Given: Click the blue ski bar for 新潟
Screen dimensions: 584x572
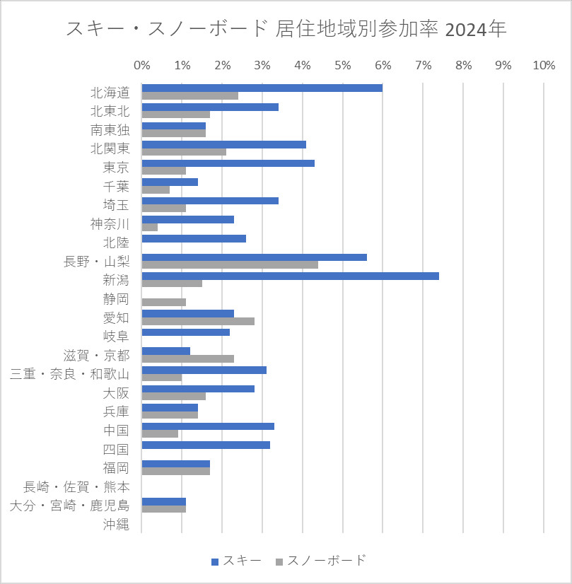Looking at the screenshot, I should (290, 276).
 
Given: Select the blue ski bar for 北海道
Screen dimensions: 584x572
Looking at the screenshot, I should (262, 88).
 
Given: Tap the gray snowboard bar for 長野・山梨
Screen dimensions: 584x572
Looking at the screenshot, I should (230, 265).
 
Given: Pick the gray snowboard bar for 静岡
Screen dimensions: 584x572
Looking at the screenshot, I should (163, 302).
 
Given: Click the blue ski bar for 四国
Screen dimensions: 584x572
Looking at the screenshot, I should (206, 445).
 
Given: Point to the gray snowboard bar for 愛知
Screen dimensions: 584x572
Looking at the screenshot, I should (198, 321).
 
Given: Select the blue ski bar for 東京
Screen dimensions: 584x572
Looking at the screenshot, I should (228, 163).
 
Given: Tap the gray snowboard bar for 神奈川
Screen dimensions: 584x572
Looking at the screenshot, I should (150, 227).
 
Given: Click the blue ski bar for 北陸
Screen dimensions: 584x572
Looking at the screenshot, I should (194, 238).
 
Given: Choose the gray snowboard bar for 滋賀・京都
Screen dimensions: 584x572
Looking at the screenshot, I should (187, 358).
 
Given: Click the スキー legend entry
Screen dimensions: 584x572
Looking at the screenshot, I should (237, 561).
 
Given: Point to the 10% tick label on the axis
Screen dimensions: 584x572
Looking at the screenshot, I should (543, 65).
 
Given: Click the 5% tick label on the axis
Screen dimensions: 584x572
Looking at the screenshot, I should (343, 65).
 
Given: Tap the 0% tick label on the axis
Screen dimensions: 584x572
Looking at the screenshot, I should (142, 65).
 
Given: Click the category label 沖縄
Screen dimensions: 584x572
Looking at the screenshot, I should (116, 524).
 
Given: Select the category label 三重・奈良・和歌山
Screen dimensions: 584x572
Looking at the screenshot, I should (69, 374).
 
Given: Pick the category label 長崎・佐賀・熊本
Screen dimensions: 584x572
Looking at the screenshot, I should (76, 486).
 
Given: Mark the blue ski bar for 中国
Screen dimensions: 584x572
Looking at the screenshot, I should (208, 426).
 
